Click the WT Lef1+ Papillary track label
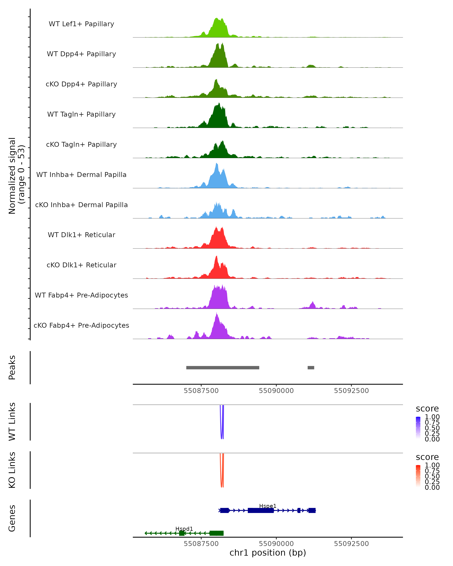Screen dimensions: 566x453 coord(81,24)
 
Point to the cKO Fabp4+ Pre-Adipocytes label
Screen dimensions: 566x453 coord(81,325)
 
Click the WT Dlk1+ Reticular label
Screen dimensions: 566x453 coord(81,235)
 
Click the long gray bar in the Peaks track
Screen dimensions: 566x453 coord(223,368)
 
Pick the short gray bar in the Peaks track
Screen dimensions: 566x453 coord(311,368)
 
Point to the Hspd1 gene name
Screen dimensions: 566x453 coord(184,529)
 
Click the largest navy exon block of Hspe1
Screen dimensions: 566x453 coord(261,510)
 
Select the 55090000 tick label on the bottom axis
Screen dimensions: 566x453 coord(276,544)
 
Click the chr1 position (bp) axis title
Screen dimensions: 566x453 coord(268,553)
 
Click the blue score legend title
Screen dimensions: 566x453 coord(427,409)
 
